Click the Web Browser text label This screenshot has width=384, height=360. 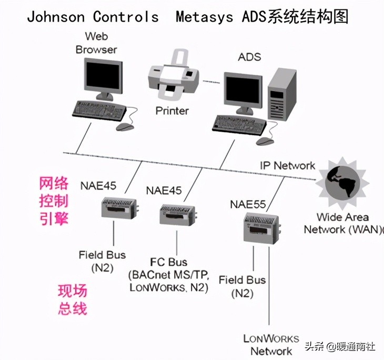point(96,43)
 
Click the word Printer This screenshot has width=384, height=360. point(171,111)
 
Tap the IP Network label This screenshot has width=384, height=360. point(287,165)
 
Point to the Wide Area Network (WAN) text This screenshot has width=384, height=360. point(343,223)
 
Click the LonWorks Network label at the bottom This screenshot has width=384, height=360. point(271,345)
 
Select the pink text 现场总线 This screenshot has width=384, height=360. point(72,299)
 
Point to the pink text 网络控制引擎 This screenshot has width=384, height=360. point(54,201)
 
